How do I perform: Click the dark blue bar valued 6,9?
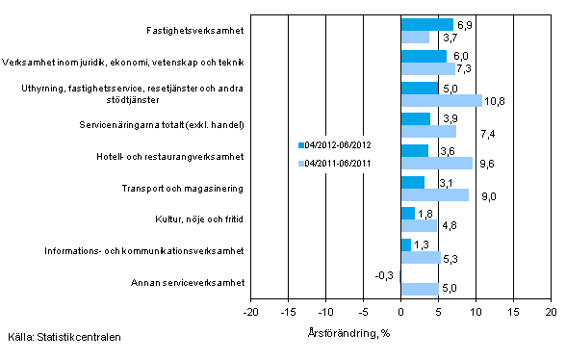pos(426,24)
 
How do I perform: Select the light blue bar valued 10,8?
pos(441,100)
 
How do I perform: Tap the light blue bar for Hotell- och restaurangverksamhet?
pos(436,163)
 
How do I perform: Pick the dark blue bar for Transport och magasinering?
pos(412,182)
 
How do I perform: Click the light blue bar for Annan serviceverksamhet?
pos(419,289)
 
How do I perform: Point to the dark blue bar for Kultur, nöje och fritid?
pos(407,214)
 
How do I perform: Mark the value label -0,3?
pos(382,275)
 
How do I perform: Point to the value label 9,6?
pos(486,163)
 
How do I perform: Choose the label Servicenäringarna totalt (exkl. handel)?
pos(175,125)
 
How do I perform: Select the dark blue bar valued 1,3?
pos(405,244)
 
